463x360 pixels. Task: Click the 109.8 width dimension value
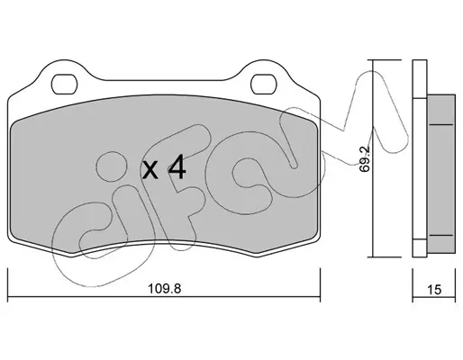(x=165, y=289)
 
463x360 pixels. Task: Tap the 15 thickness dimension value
(x=434, y=290)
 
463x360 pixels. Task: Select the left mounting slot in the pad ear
(x=64, y=85)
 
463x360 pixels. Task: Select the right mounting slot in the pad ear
(x=263, y=85)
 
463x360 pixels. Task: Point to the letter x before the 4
(x=150, y=170)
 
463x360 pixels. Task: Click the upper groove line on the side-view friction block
(x=441, y=124)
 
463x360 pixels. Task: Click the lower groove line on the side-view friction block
(x=441, y=235)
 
